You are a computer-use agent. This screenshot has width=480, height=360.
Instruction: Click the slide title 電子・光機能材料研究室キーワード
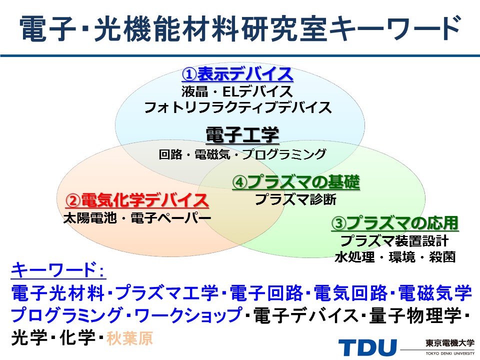tap(240, 28)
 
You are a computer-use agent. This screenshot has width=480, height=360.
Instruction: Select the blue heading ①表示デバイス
tap(237, 74)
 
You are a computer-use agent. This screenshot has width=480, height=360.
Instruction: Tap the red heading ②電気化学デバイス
tap(137, 200)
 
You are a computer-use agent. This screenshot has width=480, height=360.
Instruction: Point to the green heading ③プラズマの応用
tap(395, 223)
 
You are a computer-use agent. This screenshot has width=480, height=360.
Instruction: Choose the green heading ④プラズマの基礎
tap(296, 182)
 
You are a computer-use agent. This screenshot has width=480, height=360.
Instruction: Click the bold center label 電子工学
tap(242, 134)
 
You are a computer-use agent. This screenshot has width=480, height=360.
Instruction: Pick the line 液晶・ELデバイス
tap(237, 91)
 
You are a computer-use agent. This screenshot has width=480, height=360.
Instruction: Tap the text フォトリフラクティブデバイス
tap(238, 108)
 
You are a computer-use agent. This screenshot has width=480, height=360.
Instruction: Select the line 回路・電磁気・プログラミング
tap(242, 154)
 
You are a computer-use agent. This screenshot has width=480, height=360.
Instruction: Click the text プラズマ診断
tap(295, 199)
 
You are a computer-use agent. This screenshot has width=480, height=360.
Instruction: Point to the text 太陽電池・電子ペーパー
tap(137, 218)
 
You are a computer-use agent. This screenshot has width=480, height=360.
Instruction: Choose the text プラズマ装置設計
tap(394, 240)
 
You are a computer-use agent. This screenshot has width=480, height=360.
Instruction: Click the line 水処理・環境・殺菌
tap(395, 257)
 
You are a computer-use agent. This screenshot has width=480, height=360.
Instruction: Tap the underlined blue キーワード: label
tap(58, 270)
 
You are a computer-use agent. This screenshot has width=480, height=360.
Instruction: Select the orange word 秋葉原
tap(129, 338)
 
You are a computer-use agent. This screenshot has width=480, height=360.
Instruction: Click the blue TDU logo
tap(367, 347)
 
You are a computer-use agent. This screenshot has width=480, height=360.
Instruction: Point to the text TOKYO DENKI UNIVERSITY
tap(450, 353)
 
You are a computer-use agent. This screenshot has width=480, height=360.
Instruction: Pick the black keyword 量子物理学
tap(415, 315)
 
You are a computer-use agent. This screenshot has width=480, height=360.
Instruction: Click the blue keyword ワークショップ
tap(188, 315)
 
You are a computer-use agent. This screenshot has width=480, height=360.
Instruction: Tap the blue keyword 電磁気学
tap(435, 293)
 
